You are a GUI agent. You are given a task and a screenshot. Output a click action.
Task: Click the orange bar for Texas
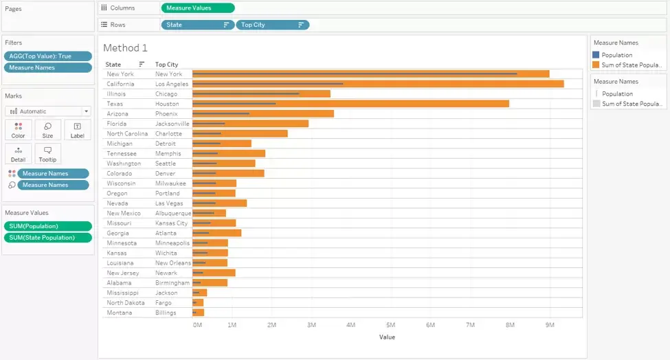(x=350, y=104)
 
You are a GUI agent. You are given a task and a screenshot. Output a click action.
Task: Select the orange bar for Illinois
(x=261, y=94)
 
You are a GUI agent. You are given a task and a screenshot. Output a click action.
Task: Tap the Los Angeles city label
(x=171, y=84)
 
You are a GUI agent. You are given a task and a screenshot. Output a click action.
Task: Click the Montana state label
(x=119, y=313)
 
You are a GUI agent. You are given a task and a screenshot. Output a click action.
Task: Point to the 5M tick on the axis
(x=390, y=325)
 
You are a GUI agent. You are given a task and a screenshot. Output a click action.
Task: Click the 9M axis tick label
(x=550, y=325)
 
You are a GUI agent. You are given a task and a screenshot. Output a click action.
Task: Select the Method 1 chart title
(x=125, y=48)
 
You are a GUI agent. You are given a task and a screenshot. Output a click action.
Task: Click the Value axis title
(x=387, y=337)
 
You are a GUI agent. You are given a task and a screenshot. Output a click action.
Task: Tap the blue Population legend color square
(x=596, y=55)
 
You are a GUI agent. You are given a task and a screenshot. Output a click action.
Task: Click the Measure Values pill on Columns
(x=198, y=8)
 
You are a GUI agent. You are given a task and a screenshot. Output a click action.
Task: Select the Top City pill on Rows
(x=272, y=25)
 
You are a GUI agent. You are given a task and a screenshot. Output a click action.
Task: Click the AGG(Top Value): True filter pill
(x=48, y=56)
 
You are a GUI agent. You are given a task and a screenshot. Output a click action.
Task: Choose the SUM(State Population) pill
(x=48, y=238)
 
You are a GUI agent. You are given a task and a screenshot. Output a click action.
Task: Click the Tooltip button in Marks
(x=47, y=154)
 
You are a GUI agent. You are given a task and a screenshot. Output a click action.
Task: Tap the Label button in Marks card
(x=78, y=131)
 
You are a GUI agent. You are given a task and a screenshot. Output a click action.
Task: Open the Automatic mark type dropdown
(x=48, y=111)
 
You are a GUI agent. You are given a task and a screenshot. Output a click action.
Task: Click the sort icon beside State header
(x=142, y=64)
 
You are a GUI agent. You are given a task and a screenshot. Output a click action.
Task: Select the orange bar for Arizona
(x=263, y=113)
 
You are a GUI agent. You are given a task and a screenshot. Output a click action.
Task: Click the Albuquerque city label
(x=173, y=213)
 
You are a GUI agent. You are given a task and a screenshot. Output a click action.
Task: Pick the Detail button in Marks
(x=18, y=154)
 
